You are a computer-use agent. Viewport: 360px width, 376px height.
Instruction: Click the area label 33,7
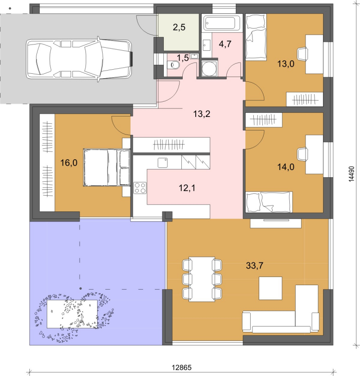tap(254, 266)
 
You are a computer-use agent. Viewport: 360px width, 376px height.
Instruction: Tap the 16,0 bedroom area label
tap(69, 163)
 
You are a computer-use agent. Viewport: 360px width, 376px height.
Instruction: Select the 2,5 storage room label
tap(179, 27)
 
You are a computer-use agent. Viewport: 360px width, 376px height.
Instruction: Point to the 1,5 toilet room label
tap(183, 58)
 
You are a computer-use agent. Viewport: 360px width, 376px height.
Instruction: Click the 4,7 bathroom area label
tap(225, 44)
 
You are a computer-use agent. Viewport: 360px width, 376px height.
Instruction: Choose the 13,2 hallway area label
tap(202, 114)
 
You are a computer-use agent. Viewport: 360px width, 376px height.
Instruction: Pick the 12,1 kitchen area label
tap(187, 188)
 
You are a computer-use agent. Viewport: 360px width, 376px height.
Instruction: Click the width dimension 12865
tap(182, 367)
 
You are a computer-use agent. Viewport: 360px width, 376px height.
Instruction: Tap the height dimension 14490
tap(351, 174)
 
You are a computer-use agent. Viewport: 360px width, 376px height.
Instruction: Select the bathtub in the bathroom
tap(221, 23)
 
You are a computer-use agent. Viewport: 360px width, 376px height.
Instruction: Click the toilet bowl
tap(173, 65)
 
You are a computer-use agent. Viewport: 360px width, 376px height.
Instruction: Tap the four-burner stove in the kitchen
tap(140, 188)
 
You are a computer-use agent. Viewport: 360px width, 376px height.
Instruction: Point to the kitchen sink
tap(163, 163)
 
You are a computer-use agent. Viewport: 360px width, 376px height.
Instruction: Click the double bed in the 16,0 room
tap(107, 167)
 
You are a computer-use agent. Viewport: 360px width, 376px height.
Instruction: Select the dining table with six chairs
tap(202, 279)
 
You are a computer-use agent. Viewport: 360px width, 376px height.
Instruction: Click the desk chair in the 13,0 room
tap(302, 54)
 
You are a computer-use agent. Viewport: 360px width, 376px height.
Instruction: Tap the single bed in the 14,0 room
tap(269, 202)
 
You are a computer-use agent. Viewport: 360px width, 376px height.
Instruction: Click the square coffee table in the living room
tap(270, 288)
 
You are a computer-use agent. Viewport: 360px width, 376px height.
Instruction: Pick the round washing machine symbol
tap(209, 68)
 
